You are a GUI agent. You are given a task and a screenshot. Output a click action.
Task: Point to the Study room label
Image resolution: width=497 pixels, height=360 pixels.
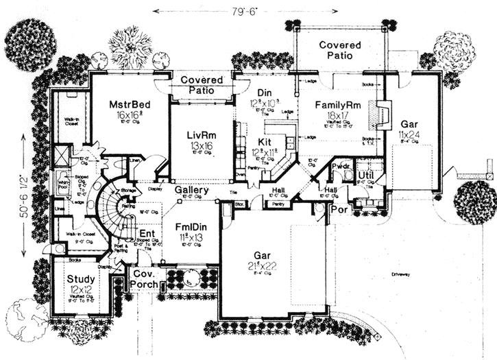(x=80, y=279)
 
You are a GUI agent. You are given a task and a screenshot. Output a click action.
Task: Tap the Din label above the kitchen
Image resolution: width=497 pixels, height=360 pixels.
(x=265, y=93)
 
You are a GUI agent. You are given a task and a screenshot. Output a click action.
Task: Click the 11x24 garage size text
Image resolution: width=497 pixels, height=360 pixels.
(x=409, y=136)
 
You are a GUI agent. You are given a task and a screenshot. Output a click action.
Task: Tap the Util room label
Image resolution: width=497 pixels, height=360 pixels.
(x=365, y=177)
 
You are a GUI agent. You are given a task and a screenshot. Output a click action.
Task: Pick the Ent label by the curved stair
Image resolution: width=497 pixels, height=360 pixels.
(x=145, y=235)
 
